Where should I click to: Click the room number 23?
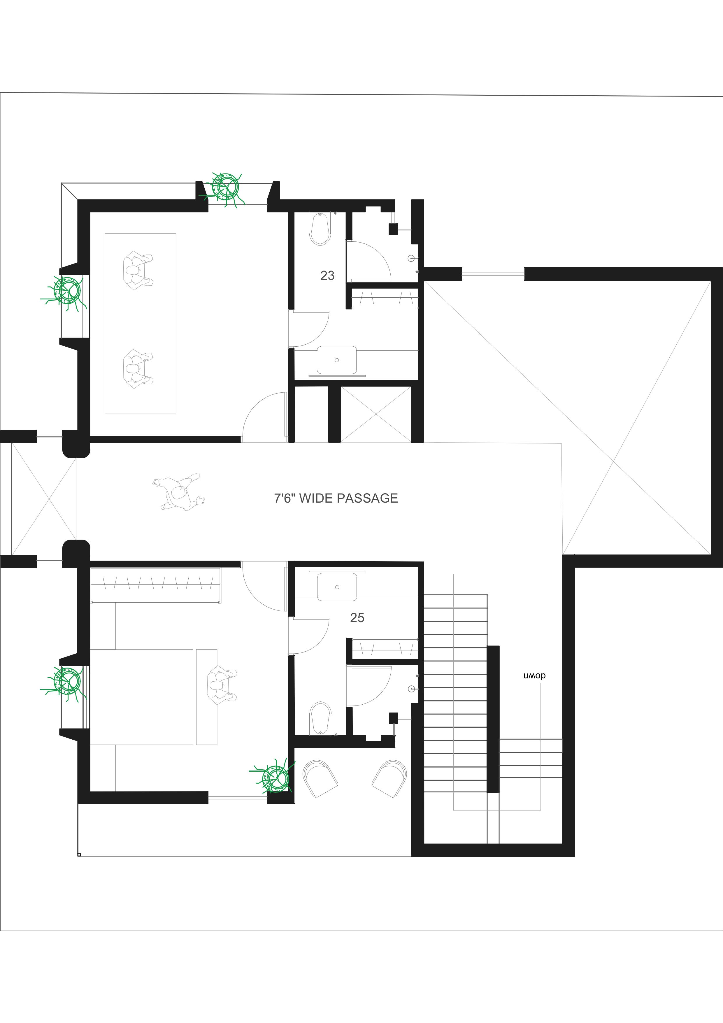[327, 276]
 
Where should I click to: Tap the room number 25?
[357, 618]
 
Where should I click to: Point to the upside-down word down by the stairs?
[535, 676]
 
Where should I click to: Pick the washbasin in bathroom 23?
[337, 360]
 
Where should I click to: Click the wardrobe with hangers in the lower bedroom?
[155, 585]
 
